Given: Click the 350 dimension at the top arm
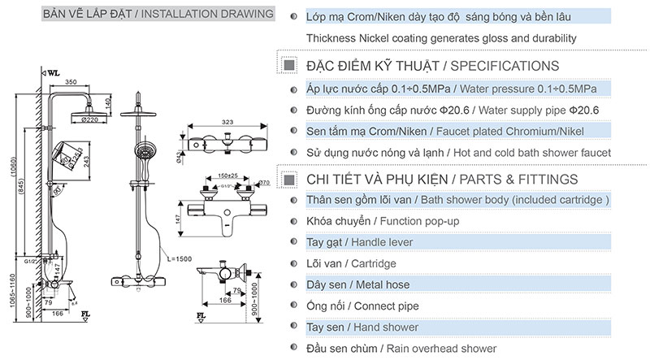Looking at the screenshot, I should click(x=71, y=81).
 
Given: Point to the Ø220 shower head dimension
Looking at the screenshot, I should click(x=90, y=119).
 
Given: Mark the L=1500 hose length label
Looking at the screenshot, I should click(x=178, y=258).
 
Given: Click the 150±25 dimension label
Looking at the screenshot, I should click(x=215, y=174).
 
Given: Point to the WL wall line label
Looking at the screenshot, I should click(x=54, y=72).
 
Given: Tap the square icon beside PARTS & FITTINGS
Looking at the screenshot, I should click(x=288, y=179).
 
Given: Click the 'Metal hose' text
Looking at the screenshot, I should click(x=380, y=284).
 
